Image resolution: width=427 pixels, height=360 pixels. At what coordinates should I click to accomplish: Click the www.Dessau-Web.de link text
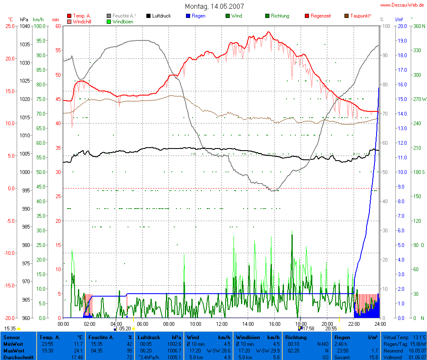click(402, 5)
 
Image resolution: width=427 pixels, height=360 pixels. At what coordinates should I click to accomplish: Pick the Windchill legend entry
click(82, 21)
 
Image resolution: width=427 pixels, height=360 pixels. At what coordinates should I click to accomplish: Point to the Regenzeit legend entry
click(321, 16)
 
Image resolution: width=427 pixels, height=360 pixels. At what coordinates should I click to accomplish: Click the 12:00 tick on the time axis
click(221, 323)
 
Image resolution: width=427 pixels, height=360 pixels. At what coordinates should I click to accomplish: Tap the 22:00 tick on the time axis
click(354, 323)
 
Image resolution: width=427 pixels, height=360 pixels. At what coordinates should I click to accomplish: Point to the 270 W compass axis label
click(418, 99)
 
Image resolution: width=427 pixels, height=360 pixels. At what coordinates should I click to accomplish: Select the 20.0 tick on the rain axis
click(402, 26)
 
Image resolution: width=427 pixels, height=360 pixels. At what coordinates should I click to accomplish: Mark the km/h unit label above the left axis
click(38, 20)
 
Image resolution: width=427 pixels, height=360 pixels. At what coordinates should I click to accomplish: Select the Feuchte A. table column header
click(101, 337)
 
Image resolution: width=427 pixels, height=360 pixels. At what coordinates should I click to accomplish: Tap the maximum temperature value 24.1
click(78, 351)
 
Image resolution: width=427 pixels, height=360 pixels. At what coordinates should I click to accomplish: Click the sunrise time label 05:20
click(125, 329)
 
